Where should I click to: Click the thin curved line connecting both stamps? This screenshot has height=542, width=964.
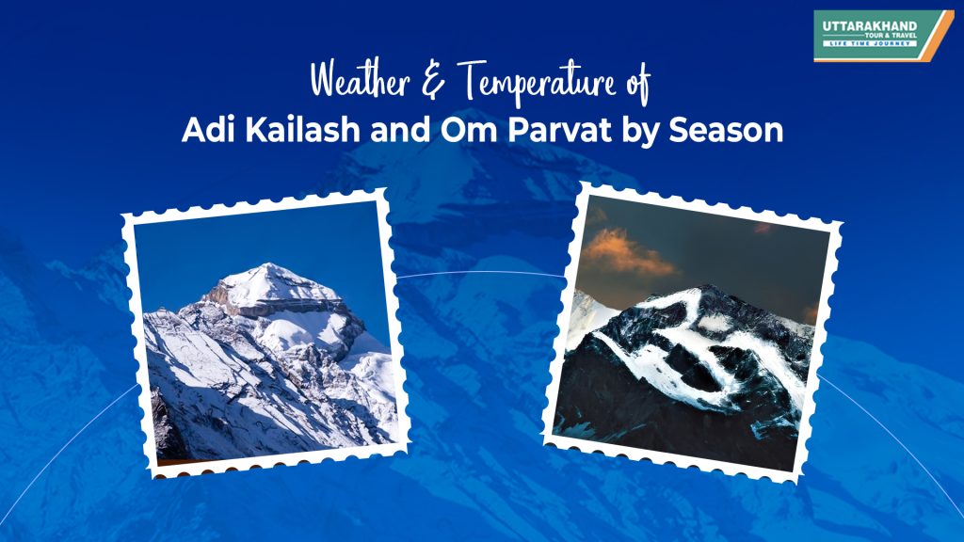coord(480,273)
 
